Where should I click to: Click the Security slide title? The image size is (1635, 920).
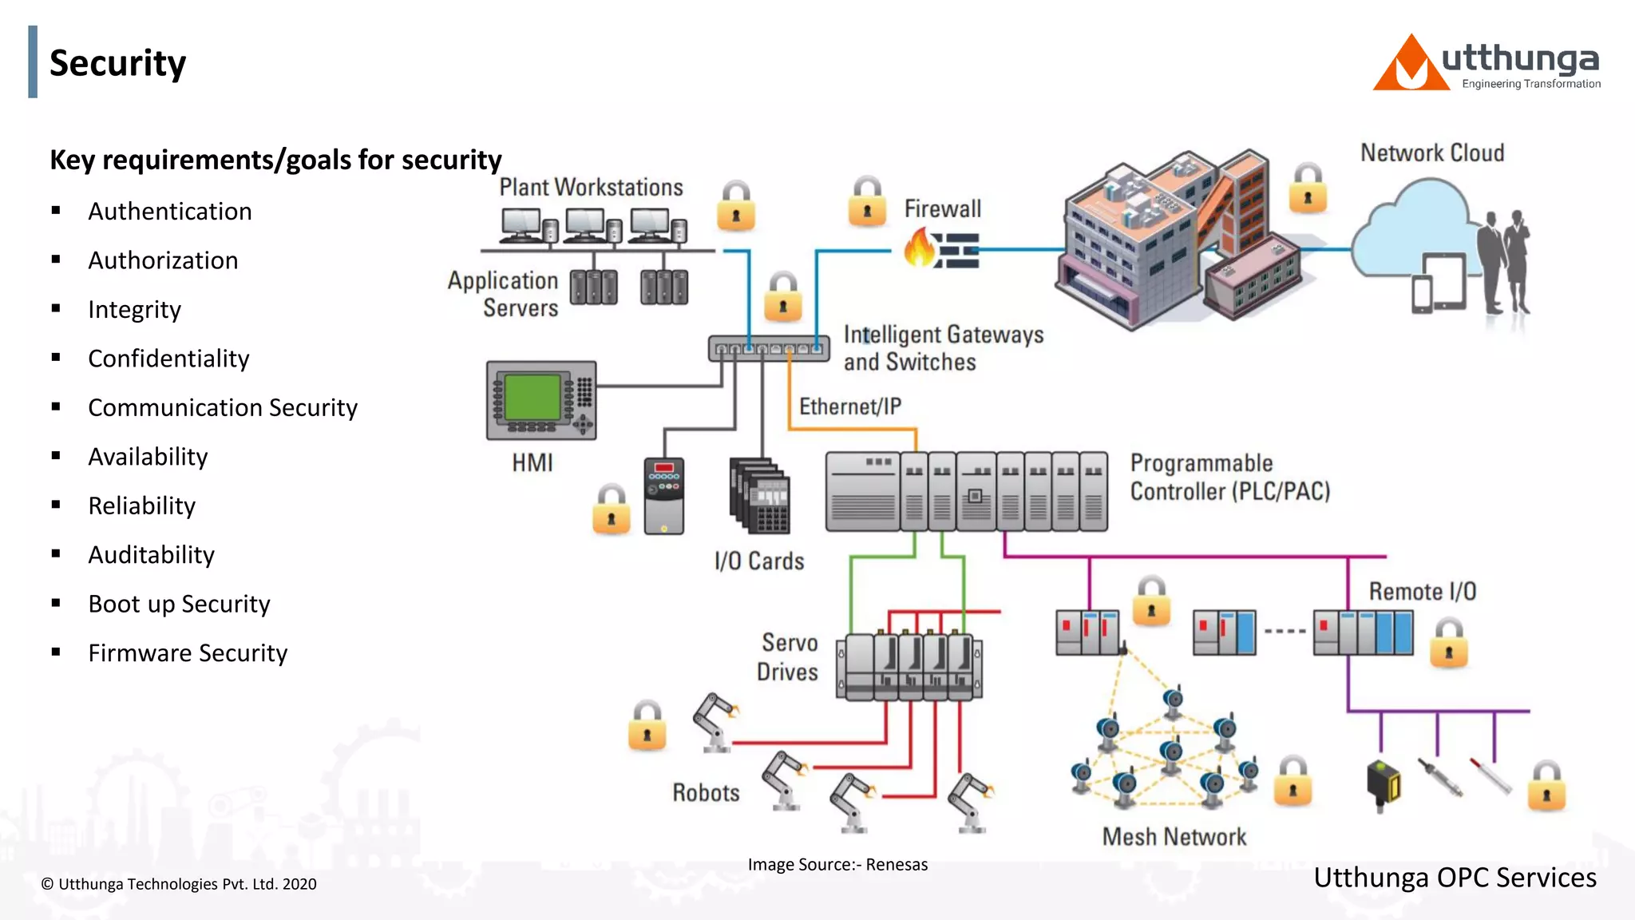tap(117, 63)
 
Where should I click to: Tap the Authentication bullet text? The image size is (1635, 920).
tap(169, 212)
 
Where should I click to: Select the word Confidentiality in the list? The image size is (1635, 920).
tap(168, 359)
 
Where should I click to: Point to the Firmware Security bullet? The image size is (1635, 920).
tap(187, 653)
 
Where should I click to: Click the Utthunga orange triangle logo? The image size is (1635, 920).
tap(1410, 65)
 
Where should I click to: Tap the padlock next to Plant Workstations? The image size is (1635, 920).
tap(735, 207)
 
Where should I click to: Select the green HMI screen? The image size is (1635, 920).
tap(532, 397)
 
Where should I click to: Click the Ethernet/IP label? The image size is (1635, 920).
tap(849, 406)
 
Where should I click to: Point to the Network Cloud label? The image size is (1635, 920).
tap(1431, 153)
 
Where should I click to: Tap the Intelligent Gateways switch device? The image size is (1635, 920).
tap(769, 349)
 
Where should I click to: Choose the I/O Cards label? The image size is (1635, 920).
tap(758, 561)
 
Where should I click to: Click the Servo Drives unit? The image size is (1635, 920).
tap(909, 668)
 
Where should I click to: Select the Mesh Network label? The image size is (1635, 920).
tap(1174, 837)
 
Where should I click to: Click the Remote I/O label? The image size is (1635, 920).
tap(1422, 592)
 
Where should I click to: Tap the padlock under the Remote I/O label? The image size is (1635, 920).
tap(1448, 644)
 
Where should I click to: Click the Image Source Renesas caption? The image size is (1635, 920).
tap(837, 865)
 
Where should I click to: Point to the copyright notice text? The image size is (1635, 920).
tap(179, 884)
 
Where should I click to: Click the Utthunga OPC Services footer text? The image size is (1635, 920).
tap(1455, 878)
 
